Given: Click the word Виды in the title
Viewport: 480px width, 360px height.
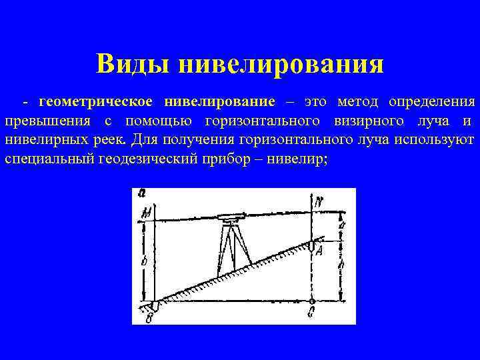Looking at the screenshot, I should pyautogui.click(x=133, y=64).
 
